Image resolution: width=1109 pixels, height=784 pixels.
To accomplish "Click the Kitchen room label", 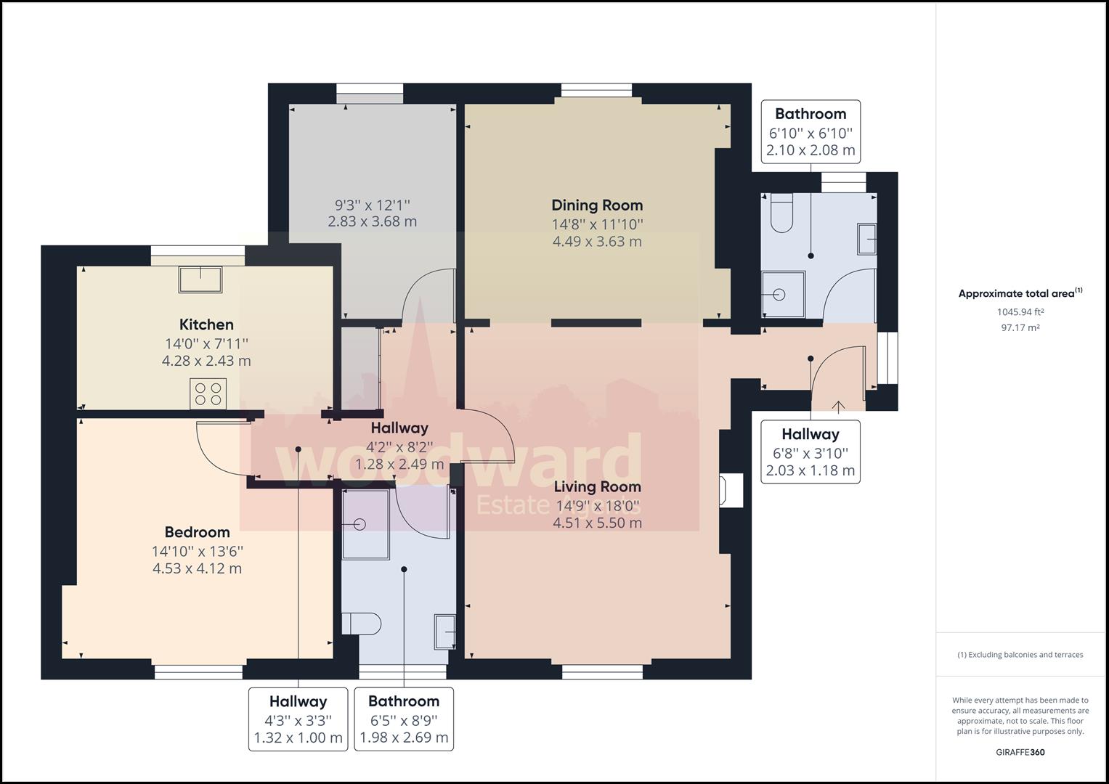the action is click(206, 324).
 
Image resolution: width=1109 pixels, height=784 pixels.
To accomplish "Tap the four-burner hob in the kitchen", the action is click(208, 394).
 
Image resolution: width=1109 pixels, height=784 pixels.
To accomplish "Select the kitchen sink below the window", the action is click(200, 279).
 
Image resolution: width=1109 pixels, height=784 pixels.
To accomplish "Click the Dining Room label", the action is click(597, 205).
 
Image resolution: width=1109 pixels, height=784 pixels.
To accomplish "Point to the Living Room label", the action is click(597, 486).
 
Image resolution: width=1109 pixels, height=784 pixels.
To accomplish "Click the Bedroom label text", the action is click(197, 532).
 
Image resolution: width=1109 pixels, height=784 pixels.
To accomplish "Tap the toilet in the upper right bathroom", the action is click(781, 213).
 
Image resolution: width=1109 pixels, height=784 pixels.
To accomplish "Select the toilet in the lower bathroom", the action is click(362, 624).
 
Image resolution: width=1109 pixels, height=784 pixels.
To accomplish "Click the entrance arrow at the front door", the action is click(838, 406).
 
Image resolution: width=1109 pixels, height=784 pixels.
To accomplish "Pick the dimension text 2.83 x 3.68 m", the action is click(373, 221).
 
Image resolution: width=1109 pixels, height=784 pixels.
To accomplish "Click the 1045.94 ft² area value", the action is click(1020, 312).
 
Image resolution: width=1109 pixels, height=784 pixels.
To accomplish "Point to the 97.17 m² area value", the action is click(1020, 327).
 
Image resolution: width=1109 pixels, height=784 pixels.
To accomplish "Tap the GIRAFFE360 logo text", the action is click(1020, 752).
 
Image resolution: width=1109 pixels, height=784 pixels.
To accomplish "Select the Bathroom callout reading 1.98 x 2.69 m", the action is click(404, 719).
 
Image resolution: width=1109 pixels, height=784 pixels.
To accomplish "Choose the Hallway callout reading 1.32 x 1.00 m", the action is click(298, 719).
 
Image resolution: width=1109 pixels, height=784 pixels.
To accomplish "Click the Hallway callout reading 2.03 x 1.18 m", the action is click(811, 452).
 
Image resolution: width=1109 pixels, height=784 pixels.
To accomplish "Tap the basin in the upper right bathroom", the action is click(867, 239).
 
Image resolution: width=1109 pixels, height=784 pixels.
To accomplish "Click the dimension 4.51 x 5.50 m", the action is click(597, 523).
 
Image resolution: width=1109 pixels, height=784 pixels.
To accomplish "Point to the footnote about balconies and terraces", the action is click(1020, 655).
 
